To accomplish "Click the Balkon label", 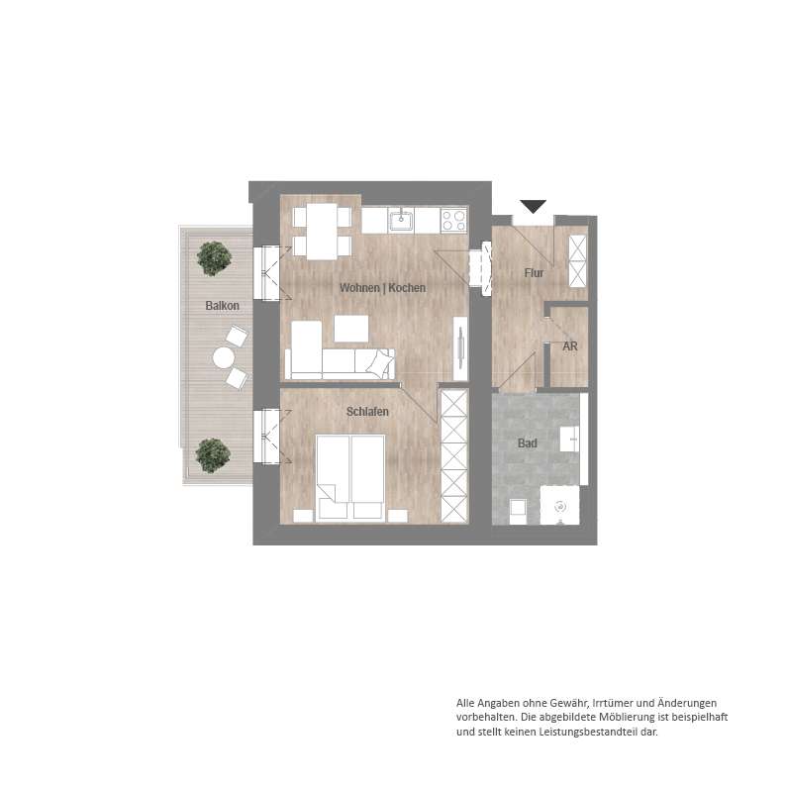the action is tap(222, 305).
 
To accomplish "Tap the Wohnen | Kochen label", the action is tap(382, 288).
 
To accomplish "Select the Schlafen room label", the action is tap(367, 412).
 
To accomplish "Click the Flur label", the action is tap(534, 272).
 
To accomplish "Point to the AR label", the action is tap(570, 346).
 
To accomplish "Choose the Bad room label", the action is tap(528, 443).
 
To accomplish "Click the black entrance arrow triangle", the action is tap(533, 206).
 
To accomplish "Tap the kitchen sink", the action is tap(401, 220).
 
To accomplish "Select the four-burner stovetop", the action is tap(453, 220).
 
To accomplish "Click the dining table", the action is tap(322, 231).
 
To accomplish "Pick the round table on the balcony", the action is tap(223, 358).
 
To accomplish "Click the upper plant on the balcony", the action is tap(214, 258).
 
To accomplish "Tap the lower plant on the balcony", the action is tap(213, 455).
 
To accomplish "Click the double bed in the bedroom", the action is tap(350, 477).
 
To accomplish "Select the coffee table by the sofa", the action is tap(351, 329).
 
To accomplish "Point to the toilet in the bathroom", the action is tap(518, 512).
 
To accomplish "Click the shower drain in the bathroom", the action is tap(560, 507).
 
